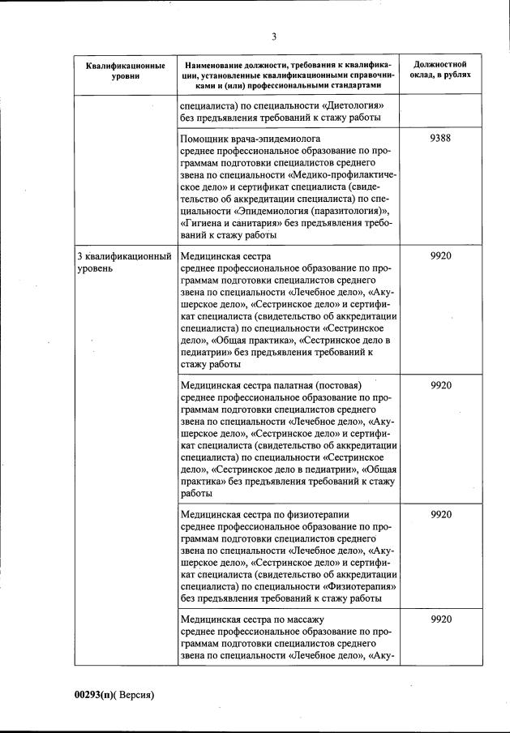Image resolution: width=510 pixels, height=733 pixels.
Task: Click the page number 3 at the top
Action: coord(274,36)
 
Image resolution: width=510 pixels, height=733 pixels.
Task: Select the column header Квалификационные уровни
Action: coord(126,70)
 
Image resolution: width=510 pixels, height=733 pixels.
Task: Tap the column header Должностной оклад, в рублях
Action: coord(440,69)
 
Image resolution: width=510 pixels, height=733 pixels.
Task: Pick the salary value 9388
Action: coord(440,138)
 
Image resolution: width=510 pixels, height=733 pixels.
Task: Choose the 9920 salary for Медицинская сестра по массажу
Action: coord(440,619)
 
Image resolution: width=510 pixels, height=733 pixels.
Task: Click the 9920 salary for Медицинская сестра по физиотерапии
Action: coord(440,514)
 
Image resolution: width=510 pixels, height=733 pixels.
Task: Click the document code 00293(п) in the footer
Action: coord(96,695)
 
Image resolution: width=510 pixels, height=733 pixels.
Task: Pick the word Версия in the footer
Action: coord(135,695)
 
